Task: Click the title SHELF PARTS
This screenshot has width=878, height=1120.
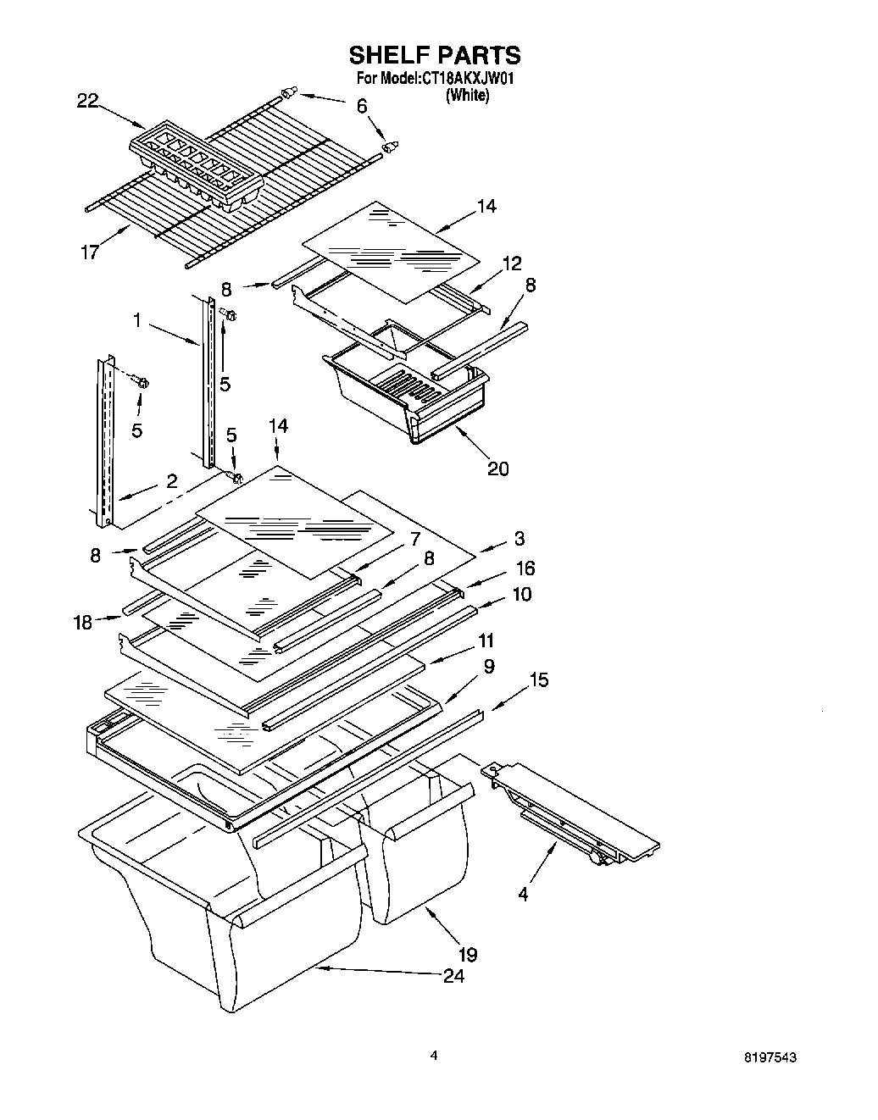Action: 435,56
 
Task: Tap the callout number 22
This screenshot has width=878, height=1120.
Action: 87,102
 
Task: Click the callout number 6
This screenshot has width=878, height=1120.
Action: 362,106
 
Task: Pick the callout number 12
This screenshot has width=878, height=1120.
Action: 511,263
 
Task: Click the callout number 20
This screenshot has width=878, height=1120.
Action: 497,468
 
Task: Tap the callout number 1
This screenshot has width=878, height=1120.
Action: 138,321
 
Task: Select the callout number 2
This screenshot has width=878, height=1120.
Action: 172,481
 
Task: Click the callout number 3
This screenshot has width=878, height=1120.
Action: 519,539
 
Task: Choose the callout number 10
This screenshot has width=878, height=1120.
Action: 521,594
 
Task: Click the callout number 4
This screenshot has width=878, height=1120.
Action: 523,893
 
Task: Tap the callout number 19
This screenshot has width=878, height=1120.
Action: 467,954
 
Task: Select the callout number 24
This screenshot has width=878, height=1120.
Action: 453,976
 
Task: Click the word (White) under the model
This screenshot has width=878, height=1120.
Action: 467,96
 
